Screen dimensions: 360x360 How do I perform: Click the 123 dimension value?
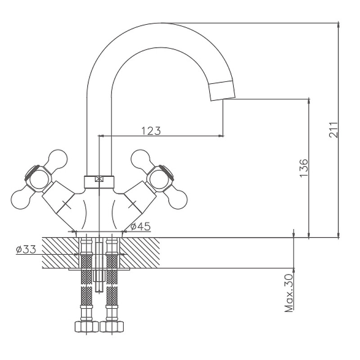[151, 130]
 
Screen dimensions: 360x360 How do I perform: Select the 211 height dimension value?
[333, 130]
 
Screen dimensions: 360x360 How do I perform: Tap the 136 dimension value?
[304, 168]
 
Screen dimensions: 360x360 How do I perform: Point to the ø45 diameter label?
[140, 226]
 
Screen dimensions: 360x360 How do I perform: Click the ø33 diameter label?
[26, 249]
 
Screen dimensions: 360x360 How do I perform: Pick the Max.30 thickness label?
[289, 293]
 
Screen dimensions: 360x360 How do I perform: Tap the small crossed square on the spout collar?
[99, 179]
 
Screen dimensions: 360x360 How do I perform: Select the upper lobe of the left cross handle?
[58, 159]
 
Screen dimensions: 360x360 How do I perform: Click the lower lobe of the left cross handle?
[21, 200]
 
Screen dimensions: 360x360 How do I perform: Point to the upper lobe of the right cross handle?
[140, 159]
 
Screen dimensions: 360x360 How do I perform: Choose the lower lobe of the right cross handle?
[177, 200]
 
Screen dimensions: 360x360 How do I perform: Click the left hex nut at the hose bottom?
[86, 327]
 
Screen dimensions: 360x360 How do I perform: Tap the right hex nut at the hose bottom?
[112, 327]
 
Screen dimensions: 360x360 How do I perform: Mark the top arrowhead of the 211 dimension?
[338, 25]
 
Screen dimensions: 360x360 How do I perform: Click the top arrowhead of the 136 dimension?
[309, 101]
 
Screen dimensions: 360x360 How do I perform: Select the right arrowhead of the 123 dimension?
[220, 136]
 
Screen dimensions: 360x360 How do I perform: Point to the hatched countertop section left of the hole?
[61, 253]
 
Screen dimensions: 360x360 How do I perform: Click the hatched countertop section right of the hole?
[139, 253]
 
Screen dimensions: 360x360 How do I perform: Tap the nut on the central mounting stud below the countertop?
[99, 276]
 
